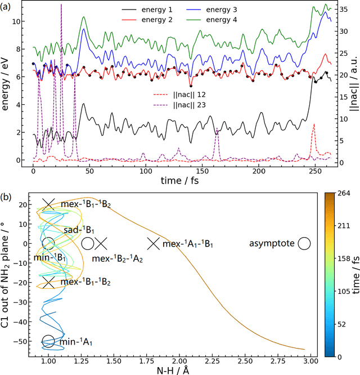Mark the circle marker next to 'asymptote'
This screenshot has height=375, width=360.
(304, 243)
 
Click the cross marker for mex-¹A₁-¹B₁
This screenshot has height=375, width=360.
(153, 243)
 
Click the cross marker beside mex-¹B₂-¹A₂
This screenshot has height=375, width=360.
(101, 243)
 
